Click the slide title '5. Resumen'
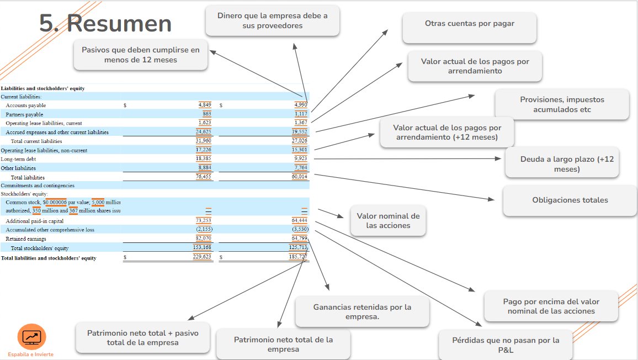(105, 23)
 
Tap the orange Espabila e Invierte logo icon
(32, 337)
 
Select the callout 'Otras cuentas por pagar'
(469, 27)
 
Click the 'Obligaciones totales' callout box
(570, 200)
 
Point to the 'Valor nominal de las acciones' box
(388, 221)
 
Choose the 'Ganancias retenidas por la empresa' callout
(362, 312)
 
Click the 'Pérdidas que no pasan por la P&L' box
(506, 345)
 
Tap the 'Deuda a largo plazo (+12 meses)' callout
(562, 162)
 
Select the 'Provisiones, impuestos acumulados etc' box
(562, 104)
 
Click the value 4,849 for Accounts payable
(205, 105)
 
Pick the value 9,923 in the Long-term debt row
(301, 158)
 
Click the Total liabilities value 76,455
(204, 176)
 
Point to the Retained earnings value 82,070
(204, 238)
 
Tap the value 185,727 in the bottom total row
(298, 257)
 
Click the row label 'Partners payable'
(24, 114)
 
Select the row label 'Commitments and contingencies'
(38, 186)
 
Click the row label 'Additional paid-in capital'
(35, 221)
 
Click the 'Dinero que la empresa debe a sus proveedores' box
(272, 20)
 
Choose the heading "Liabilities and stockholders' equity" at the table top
(42, 88)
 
